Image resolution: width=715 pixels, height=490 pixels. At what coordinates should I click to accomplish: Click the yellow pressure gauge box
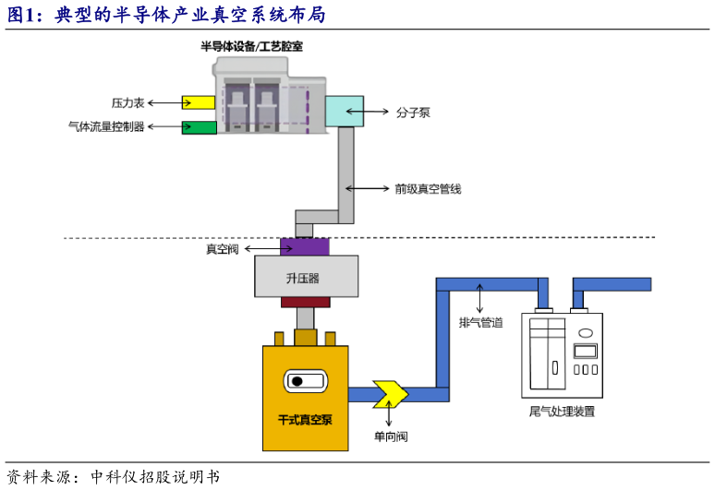(x=198, y=102)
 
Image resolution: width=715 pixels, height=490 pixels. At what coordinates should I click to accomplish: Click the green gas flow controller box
(x=198, y=127)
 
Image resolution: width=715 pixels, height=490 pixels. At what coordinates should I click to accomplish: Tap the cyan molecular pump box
(x=345, y=110)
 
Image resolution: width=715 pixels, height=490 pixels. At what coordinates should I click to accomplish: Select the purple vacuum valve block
(x=304, y=247)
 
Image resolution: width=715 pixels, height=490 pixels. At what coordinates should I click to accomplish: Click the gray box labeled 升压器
(x=307, y=277)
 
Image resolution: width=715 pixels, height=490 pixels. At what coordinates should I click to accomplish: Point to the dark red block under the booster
(x=306, y=302)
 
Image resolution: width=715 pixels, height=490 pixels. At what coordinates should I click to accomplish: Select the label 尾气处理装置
(x=562, y=412)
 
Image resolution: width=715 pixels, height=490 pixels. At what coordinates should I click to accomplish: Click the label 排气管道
(x=481, y=322)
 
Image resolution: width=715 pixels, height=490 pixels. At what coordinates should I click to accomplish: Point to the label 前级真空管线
(x=427, y=188)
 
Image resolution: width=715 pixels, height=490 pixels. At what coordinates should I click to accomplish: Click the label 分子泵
(x=413, y=113)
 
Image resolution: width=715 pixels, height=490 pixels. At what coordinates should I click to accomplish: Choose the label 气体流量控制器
(x=106, y=127)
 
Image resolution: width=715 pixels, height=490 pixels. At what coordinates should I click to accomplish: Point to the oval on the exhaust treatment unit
(x=585, y=331)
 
